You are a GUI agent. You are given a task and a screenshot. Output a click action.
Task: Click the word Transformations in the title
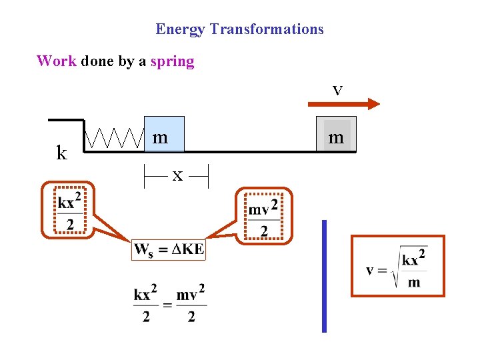pos(267,29)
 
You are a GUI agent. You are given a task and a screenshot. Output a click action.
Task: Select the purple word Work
pos(57,61)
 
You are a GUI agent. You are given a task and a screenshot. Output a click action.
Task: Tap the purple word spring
pos(172,62)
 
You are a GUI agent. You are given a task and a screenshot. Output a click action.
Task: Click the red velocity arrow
pos(343,103)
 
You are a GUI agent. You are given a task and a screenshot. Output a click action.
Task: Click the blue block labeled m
pos(164,134)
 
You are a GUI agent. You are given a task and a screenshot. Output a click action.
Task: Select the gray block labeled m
pos(336,134)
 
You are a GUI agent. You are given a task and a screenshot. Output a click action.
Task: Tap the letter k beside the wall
pos(61,153)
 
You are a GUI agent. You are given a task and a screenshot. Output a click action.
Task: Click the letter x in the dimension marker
pos(177,175)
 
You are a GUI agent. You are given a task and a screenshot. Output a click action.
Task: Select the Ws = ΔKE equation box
pos(169,250)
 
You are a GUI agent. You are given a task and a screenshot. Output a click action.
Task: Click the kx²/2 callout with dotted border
pos(70,211)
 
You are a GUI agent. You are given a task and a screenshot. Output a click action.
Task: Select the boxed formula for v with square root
pos(398,265)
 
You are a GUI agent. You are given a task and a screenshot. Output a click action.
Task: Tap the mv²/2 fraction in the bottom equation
pos(191,304)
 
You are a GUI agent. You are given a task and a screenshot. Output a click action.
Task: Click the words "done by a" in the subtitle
pos(113,62)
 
